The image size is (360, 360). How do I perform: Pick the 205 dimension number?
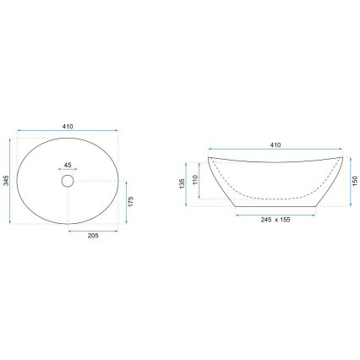pos(93,236)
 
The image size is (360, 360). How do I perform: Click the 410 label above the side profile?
pos(275,145)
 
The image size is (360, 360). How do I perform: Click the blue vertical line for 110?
pos(200,179)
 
